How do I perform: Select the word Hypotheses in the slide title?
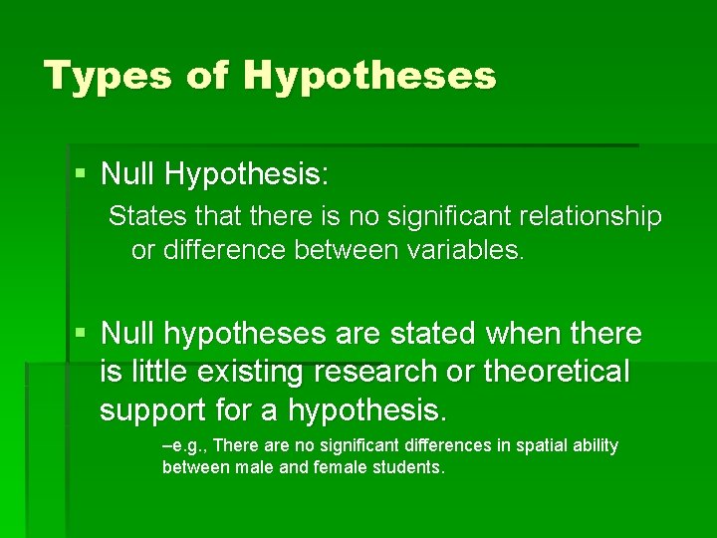(369, 76)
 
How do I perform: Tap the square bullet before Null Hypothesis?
(81, 175)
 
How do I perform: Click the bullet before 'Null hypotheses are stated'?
(81, 333)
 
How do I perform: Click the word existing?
(253, 372)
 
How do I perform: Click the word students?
(403, 466)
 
